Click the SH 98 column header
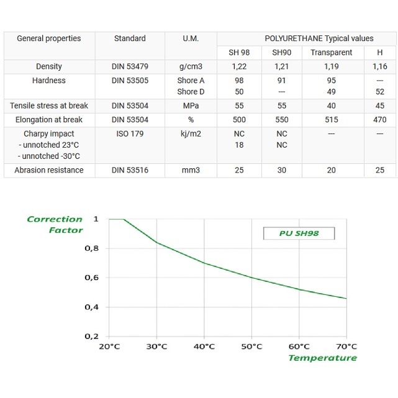click(x=239, y=53)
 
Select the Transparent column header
click(x=331, y=53)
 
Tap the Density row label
click(x=49, y=66)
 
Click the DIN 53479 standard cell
click(x=130, y=66)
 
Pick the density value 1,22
click(x=239, y=66)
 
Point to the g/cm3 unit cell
click(x=191, y=66)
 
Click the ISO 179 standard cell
click(x=130, y=133)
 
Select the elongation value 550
click(x=282, y=120)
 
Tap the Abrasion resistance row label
click(x=49, y=170)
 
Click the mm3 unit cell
click(x=191, y=170)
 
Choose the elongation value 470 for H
click(x=380, y=120)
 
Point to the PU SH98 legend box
click(x=299, y=233)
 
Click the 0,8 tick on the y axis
click(x=91, y=248)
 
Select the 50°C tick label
click(x=251, y=346)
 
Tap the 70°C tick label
click(x=346, y=346)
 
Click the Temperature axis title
click(x=322, y=358)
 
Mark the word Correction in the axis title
click(x=55, y=219)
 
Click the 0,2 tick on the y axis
click(x=91, y=337)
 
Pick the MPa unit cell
click(x=191, y=106)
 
